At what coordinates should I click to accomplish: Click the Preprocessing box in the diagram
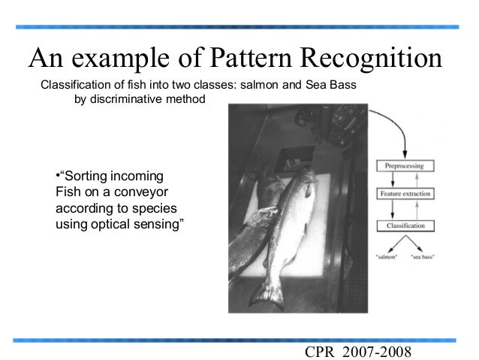coord(404,165)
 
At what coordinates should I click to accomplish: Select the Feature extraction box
coord(404,194)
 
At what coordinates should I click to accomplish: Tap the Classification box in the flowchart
coord(404,225)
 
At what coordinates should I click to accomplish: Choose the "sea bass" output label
coord(423,258)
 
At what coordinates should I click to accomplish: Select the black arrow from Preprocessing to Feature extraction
coord(399,180)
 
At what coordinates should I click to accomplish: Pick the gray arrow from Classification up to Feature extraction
coord(411,210)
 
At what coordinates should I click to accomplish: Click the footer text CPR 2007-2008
coord(360,352)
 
